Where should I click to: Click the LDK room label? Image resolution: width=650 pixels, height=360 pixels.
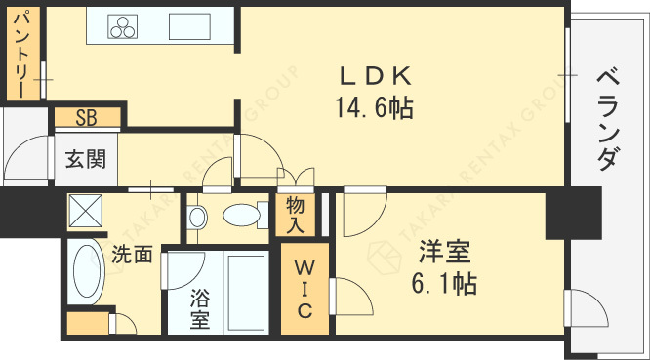[376, 76]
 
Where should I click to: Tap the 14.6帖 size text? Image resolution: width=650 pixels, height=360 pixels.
[374, 107]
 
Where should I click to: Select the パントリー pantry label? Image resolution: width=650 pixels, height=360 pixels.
[22, 55]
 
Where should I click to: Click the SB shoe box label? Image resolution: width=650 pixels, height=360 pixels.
[86, 117]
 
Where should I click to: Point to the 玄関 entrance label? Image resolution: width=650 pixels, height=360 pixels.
[86, 159]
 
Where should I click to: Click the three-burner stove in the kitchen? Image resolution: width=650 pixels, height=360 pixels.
[123, 27]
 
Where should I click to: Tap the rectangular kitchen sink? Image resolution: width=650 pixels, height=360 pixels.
[189, 26]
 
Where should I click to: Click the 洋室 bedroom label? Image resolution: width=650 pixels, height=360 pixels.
[445, 252]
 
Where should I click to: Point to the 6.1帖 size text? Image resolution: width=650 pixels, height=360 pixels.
[444, 283]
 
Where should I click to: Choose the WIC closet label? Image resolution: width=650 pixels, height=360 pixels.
[305, 289]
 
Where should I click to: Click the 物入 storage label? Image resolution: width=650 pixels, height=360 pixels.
[295, 215]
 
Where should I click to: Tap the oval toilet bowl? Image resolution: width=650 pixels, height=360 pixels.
[241, 215]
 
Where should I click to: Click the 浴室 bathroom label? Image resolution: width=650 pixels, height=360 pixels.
[200, 309]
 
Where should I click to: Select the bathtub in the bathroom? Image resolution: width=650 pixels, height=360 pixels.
[246, 292]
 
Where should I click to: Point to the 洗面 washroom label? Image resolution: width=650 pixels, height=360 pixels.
[132, 254]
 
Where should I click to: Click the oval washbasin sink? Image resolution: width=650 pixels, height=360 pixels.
[87, 271]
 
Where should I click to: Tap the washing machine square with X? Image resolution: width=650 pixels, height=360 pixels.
[85, 211]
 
